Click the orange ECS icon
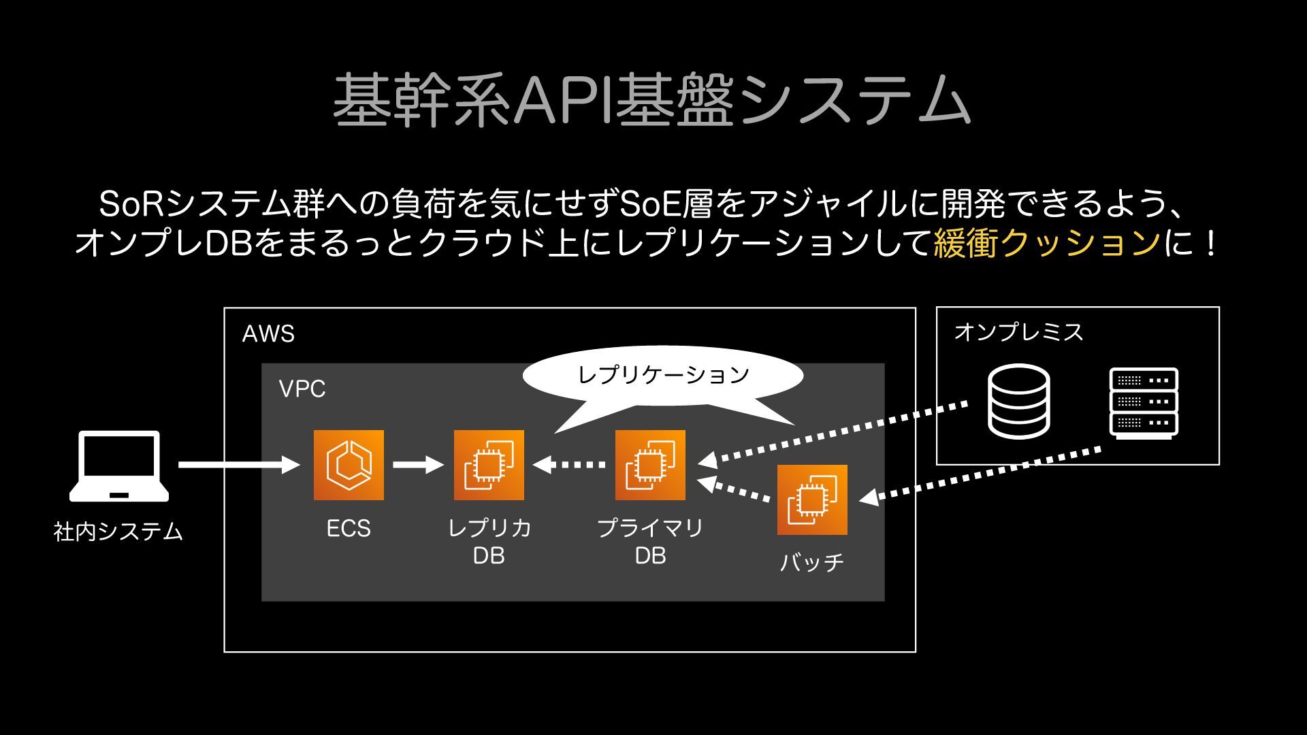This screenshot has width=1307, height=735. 349,465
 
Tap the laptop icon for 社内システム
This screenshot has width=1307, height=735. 119,465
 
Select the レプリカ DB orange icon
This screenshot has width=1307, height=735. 489,465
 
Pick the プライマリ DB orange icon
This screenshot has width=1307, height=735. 650,465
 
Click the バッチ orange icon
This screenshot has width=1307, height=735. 812,500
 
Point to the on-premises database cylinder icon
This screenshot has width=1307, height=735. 1018,402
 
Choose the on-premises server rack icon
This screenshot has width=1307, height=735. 1144,403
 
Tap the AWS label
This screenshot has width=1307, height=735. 268,334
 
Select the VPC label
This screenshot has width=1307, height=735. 302,389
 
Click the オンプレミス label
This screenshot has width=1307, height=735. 1018,332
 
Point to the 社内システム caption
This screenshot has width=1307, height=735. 118,532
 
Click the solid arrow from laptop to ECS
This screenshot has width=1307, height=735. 239,465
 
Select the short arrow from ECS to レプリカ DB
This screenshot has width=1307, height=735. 419,465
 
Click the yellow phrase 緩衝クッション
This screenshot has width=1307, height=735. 1047,243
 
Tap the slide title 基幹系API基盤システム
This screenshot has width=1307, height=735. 651,100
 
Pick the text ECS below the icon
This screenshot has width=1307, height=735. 349,529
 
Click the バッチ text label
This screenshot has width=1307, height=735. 812,563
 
